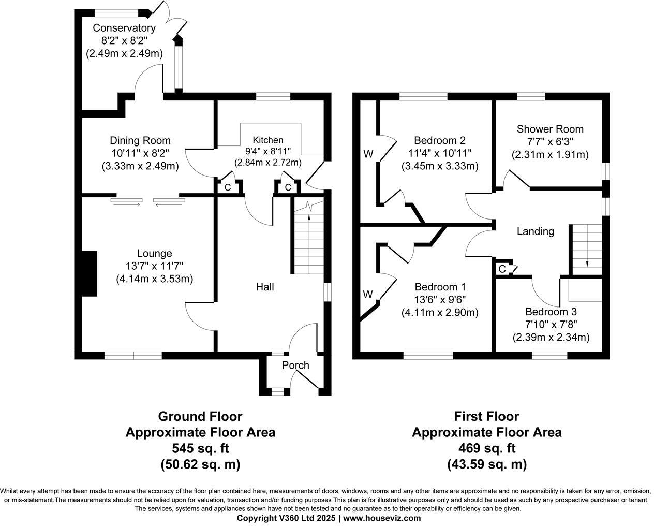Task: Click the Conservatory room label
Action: (124, 28)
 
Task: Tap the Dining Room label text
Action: (140, 140)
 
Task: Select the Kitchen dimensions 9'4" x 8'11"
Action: (268, 151)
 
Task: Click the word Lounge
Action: (154, 253)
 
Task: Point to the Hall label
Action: (265, 286)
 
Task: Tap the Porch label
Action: (295, 365)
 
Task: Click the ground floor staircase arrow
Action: (309, 216)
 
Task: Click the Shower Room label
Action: (550, 129)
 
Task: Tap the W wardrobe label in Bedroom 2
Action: (368, 154)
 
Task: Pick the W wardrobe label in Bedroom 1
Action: (368, 295)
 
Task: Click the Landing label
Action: (535, 231)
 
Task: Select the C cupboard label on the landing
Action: (502, 269)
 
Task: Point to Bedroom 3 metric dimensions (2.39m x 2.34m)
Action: (551, 337)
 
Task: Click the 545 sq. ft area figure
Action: (200, 448)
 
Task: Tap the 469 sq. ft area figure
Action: (486, 448)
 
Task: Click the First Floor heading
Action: (486, 416)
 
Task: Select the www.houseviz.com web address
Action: (382, 518)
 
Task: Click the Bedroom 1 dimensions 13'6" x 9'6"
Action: (440, 300)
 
